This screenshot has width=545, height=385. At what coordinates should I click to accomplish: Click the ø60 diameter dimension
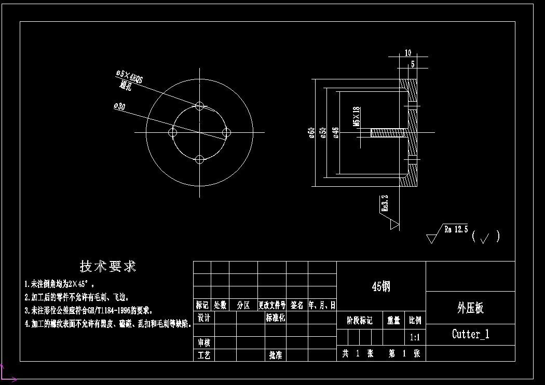point(312,133)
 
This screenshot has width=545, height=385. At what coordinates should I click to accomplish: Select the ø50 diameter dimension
point(323,133)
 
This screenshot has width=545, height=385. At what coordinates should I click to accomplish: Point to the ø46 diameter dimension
point(336,133)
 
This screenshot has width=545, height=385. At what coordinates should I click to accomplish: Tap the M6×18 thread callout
point(356,117)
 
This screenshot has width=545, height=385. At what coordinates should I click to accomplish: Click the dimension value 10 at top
point(408,52)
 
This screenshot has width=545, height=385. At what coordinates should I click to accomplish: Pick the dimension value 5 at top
point(413,64)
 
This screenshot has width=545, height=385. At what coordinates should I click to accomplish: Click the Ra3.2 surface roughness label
point(385,203)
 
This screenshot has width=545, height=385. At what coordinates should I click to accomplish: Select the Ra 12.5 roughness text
point(456,229)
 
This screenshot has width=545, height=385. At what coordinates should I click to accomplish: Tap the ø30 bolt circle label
point(119,106)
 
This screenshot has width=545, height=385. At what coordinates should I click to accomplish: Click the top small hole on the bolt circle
point(200,106)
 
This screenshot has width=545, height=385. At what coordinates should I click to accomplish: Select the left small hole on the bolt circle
point(173,133)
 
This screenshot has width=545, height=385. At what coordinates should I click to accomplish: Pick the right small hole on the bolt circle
point(226,133)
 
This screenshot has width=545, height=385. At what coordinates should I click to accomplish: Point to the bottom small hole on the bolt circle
point(200,159)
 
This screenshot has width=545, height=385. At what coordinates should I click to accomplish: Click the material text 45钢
point(381,286)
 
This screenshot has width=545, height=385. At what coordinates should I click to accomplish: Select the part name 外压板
point(470,308)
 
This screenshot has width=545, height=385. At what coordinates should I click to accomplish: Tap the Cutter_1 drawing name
point(470,334)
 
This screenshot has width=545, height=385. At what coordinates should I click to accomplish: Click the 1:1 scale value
point(415,337)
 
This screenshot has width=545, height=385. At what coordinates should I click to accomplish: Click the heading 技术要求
point(108,267)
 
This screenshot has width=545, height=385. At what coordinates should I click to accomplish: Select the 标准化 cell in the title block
point(275,318)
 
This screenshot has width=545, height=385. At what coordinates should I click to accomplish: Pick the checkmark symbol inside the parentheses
point(485,238)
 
